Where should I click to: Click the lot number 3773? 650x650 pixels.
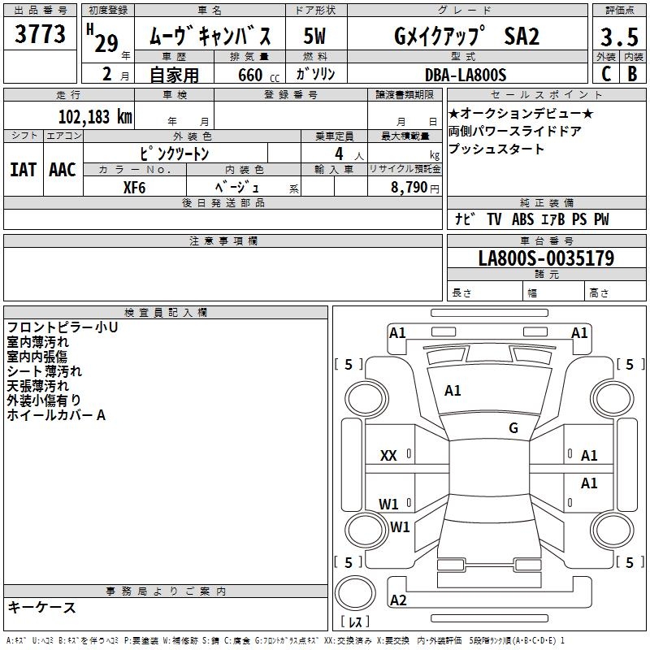(x=41, y=35)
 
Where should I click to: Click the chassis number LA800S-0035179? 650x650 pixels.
(x=546, y=258)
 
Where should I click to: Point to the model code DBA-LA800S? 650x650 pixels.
(x=465, y=75)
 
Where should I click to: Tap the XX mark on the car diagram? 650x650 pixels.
(x=388, y=456)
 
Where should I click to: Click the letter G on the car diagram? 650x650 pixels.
(x=513, y=428)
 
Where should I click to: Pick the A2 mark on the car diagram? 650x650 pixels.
(x=398, y=600)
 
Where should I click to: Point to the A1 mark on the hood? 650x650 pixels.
(x=453, y=391)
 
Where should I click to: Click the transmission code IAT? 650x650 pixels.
(x=23, y=169)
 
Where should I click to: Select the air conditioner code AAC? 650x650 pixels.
(x=63, y=169)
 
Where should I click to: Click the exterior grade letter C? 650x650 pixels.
(x=605, y=74)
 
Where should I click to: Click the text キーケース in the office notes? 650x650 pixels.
(x=42, y=608)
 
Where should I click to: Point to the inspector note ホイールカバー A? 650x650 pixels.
(x=56, y=415)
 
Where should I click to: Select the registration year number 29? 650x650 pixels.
(x=106, y=43)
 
